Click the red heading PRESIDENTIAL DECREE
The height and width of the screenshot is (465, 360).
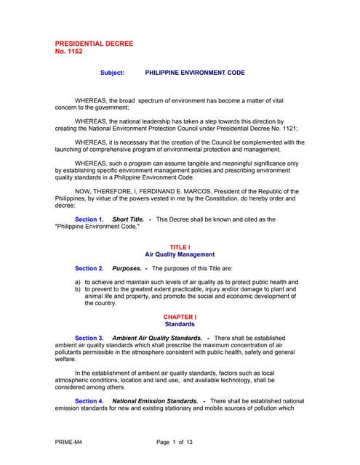pyautogui.click(x=95, y=44)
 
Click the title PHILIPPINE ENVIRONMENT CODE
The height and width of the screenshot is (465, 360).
pyautogui.click(x=195, y=73)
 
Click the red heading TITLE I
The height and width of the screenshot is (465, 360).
pyautogui.click(x=180, y=247)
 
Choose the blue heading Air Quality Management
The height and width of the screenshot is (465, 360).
pyautogui.click(x=180, y=255)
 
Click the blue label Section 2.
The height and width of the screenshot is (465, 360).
pyautogui.click(x=89, y=269)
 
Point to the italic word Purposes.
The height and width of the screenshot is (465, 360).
pyautogui.click(x=127, y=269)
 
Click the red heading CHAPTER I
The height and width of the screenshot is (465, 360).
pyautogui.click(x=180, y=318)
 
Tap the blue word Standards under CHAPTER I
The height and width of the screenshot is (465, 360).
pyautogui.click(x=180, y=325)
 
